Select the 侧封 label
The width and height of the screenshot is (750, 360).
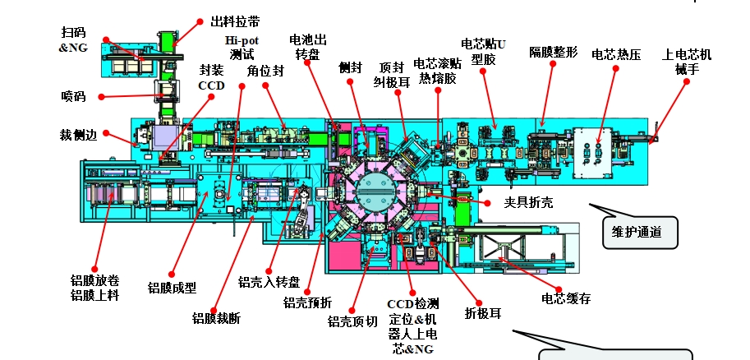point(350,67)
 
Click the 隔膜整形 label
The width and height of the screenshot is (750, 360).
point(554,53)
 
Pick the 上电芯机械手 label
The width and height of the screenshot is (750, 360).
point(687,62)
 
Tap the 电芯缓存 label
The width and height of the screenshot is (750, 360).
point(566,298)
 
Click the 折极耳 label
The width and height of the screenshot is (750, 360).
point(483,312)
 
